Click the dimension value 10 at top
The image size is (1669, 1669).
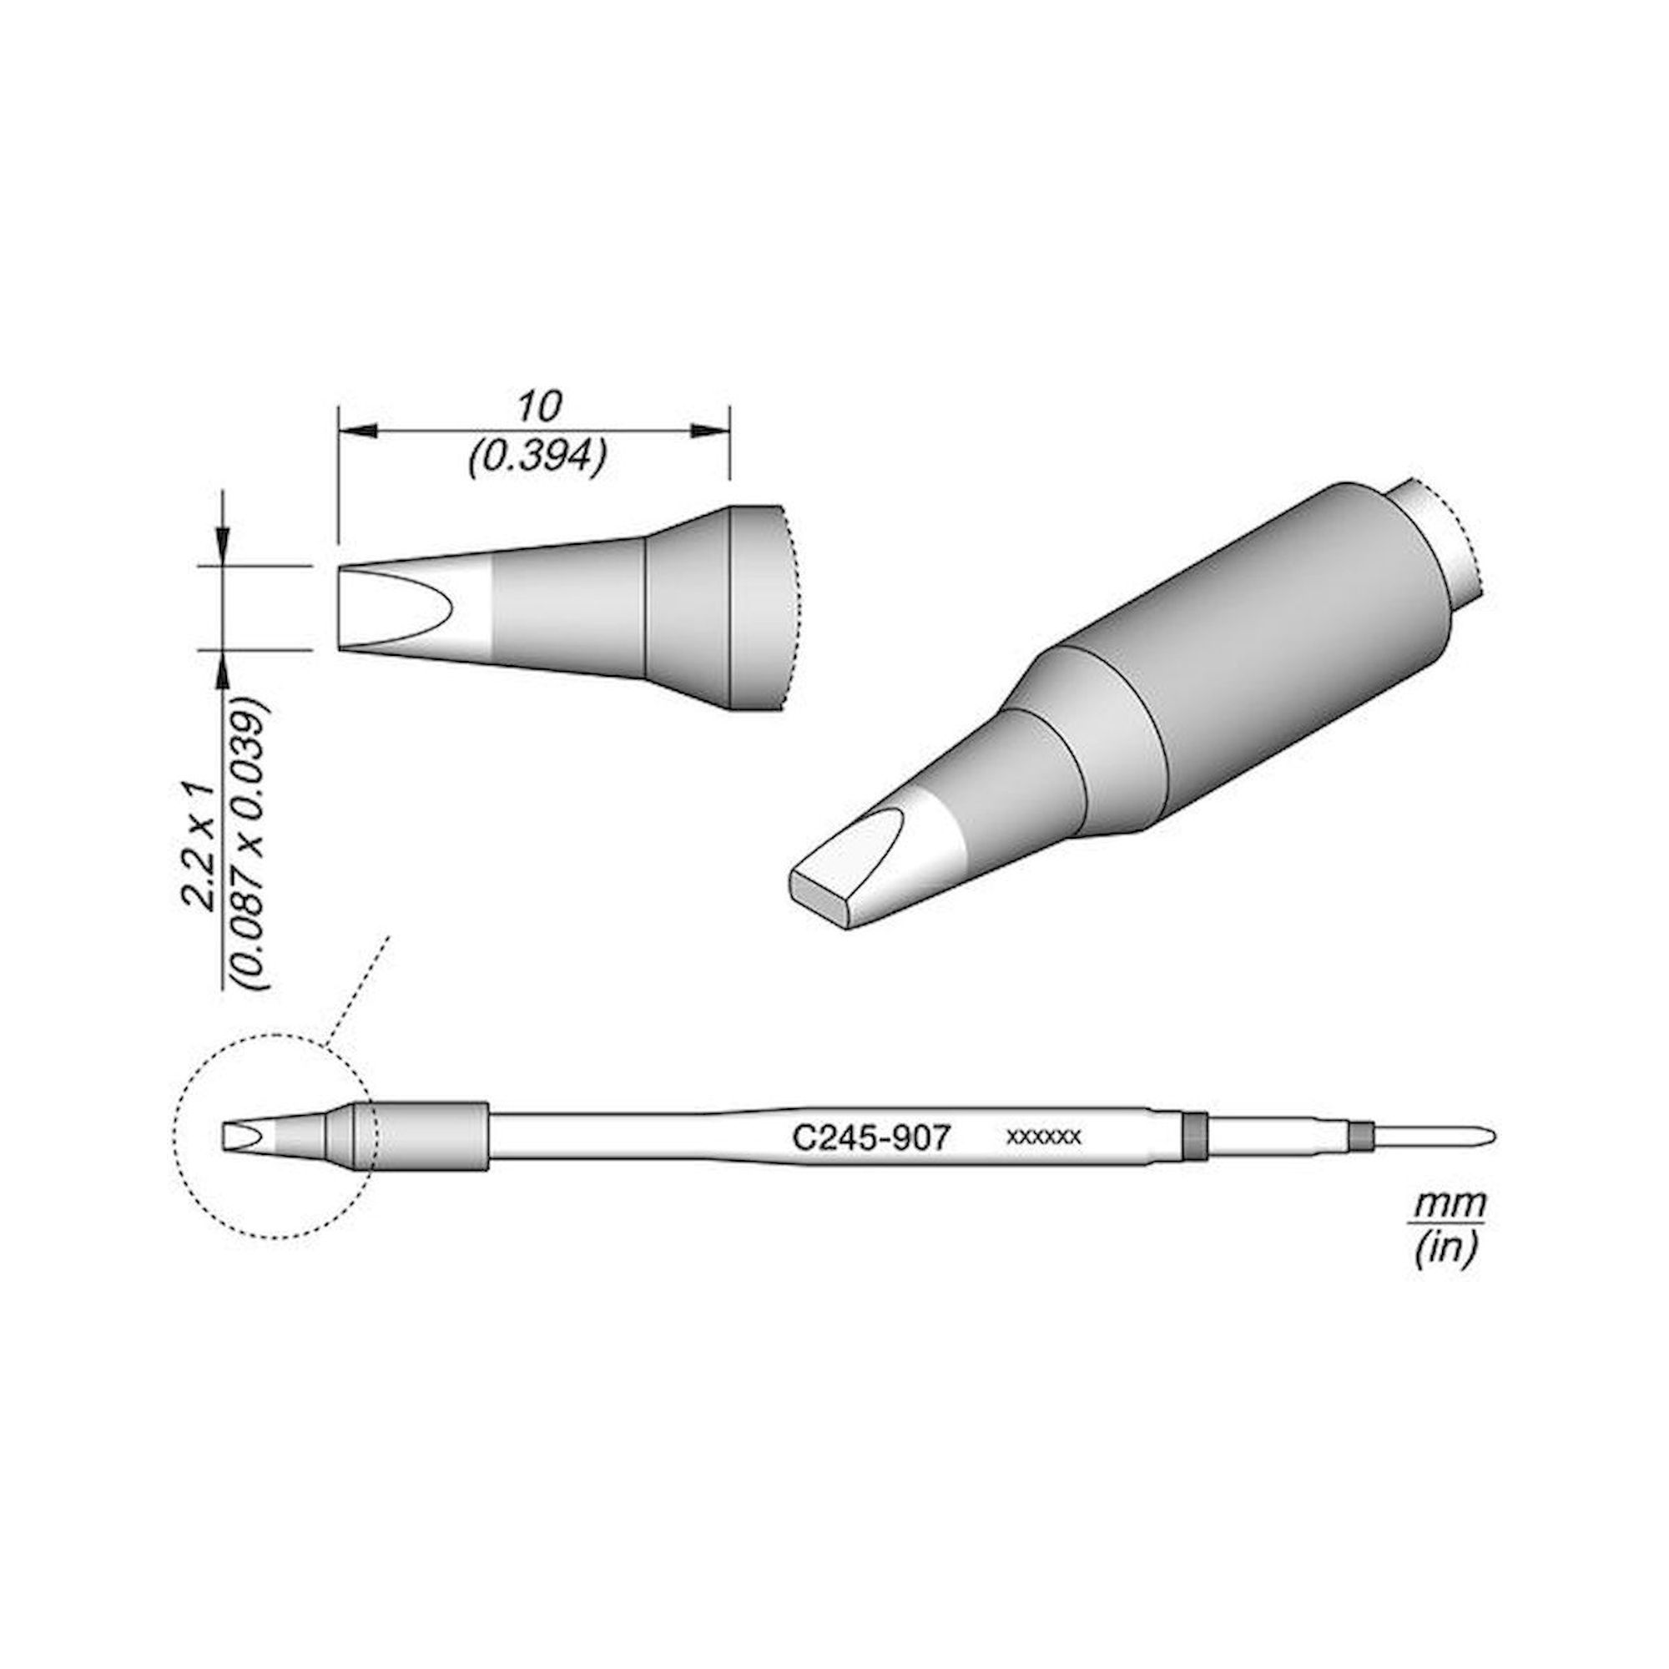coord(540,406)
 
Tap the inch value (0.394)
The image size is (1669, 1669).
coord(536,456)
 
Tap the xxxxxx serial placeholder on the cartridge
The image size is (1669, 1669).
coord(1042,1137)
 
